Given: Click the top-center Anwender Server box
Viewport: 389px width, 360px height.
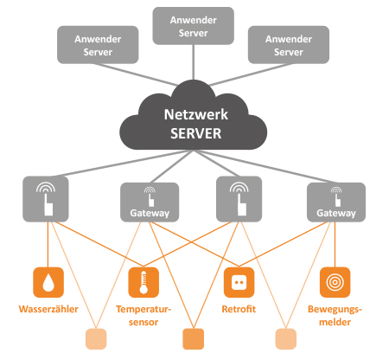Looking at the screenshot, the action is tap(193, 26).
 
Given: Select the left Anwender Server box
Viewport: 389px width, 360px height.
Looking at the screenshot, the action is tap(98, 45).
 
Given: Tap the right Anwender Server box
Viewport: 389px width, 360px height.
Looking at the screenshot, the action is tap(289, 45).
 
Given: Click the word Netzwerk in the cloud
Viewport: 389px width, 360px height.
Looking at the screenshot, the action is tap(196, 114).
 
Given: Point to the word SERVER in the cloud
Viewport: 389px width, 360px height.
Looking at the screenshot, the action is tap(196, 133).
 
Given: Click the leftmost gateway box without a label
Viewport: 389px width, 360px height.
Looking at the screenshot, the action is tap(46, 199).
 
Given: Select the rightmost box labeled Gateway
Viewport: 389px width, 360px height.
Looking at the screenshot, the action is tap(336, 202).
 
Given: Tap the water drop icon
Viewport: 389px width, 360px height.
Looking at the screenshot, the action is tap(48, 282).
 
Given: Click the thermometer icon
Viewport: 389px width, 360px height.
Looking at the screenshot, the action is tap(143, 282).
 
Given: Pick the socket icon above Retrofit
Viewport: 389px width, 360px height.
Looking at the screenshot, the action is tap(239, 282).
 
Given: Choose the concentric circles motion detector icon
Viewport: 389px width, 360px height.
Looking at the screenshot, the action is tap(335, 282).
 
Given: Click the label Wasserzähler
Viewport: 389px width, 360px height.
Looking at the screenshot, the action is tap(48, 309).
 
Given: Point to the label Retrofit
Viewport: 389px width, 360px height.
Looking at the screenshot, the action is tap(239, 309).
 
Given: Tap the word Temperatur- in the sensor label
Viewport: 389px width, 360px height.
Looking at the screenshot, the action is tap(143, 309).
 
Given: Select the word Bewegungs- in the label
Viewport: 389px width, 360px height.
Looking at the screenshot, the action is tap(335, 309).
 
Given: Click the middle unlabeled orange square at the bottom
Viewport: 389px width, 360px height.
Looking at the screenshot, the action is tap(194, 338).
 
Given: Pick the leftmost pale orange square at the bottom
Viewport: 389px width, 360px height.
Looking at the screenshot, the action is tap(96, 338).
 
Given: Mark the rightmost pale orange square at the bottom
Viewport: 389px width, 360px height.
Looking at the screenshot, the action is tap(286, 338).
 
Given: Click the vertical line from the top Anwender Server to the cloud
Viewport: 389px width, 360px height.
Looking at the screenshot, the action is tap(193, 62).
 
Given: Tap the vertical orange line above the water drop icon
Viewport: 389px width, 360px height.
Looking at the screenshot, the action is tap(48, 245).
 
